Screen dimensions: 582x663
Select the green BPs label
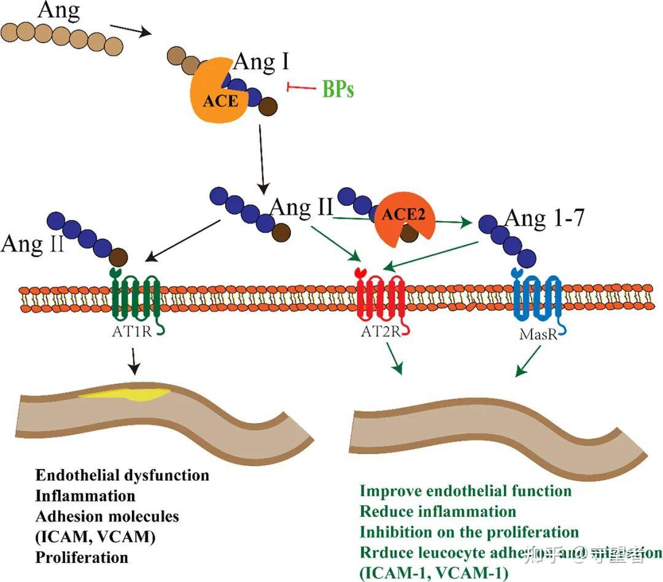point(338,90)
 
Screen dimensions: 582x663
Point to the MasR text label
point(535,336)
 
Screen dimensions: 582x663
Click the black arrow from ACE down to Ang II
point(262,157)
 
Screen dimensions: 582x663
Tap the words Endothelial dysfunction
point(122,475)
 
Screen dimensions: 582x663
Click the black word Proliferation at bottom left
point(82,557)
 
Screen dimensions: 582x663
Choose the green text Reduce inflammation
point(438,511)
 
